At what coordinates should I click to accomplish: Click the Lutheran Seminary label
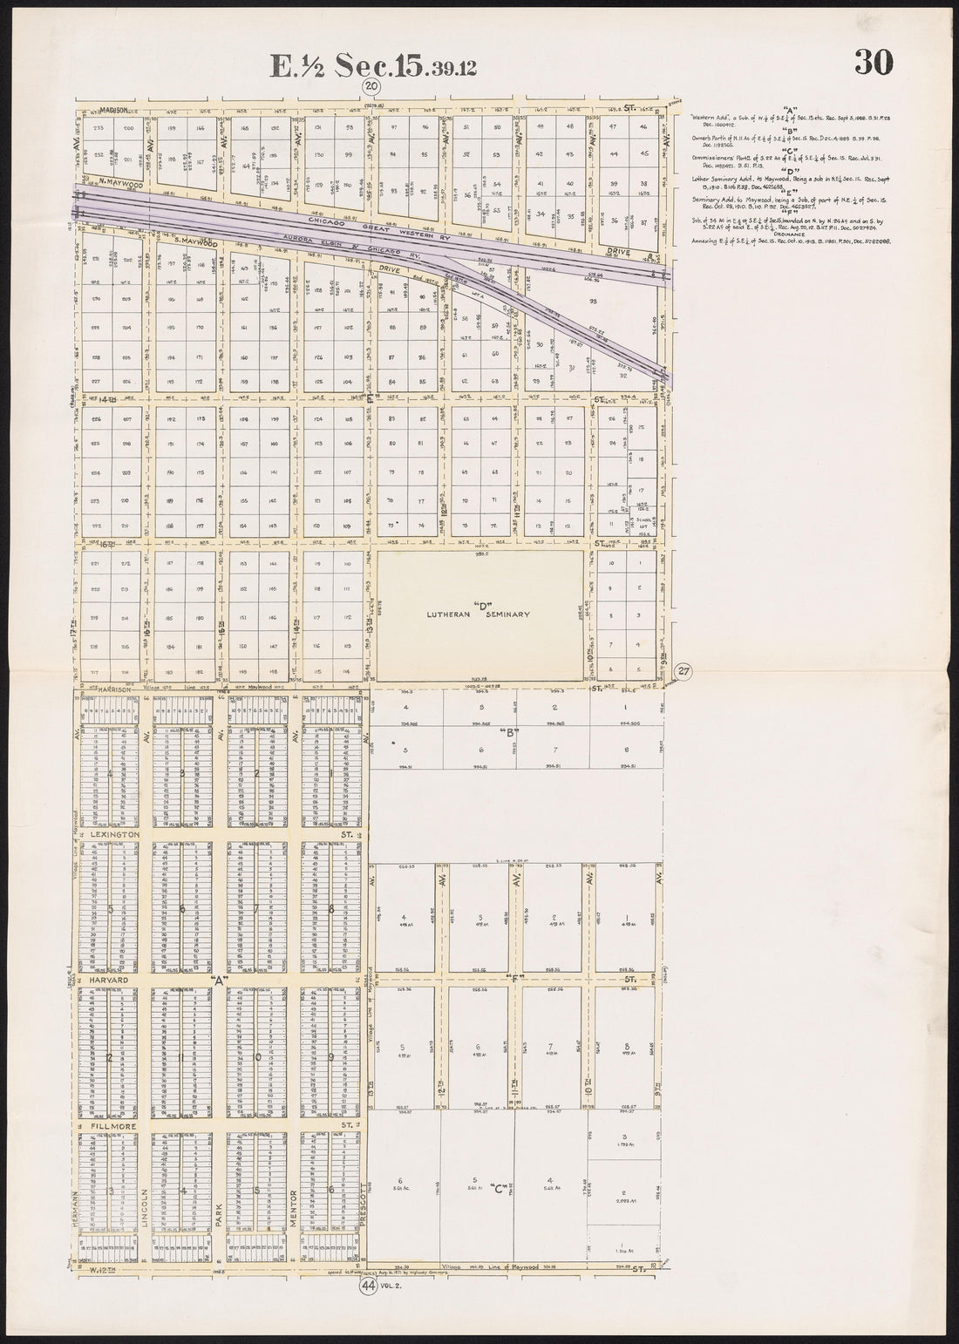point(478,614)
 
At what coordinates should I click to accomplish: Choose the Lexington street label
point(114,834)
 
